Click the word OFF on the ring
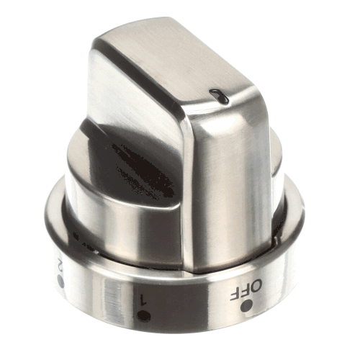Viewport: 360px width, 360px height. pyautogui.click(x=246, y=290)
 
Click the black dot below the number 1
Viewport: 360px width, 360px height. pyautogui.click(x=144, y=315)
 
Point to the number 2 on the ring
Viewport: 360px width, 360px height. pyautogui.click(x=59, y=265)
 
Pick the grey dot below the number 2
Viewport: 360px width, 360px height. pyautogui.click(x=61, y=282)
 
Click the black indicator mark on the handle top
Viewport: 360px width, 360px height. pyautogui.click(x=219, y=96)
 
